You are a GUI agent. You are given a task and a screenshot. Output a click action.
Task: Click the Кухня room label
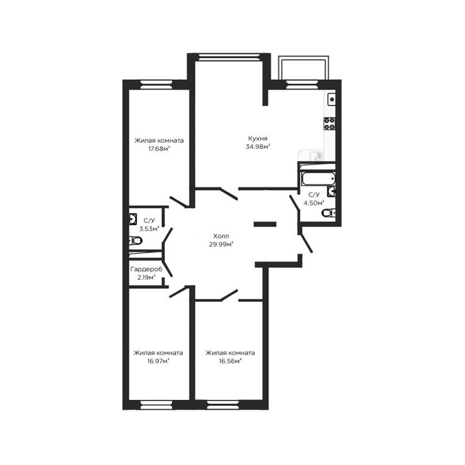click(x=258, y=138)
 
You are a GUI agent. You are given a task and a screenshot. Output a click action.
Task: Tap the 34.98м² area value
click(x=258, y=147)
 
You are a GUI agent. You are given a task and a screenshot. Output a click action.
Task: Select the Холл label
click(x=221, y=236)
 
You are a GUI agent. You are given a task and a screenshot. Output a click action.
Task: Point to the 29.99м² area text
click(x=221, y=244)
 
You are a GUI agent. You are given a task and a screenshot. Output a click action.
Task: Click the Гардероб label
click(x=147, y=269)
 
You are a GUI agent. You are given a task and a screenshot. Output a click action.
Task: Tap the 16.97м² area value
click(x=158, y=361)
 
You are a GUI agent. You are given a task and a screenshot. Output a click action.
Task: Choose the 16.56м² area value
click(x=230, y=361)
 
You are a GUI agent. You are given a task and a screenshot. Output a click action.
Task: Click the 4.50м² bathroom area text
click(x=314, y=203)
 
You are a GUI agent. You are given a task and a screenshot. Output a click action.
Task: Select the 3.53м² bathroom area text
click(x=149, y=229)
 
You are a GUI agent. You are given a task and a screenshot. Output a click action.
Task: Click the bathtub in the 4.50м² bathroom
click(x=318, y=179)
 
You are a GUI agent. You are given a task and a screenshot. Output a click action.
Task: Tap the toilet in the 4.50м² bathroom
click(x=329, y=213)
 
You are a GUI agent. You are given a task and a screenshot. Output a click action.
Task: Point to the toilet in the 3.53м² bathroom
click(x=136, y=240)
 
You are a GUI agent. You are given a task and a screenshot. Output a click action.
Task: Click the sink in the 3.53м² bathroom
click(x=133, y=219)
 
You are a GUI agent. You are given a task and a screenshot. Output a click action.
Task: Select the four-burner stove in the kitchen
click(x=329, y=124)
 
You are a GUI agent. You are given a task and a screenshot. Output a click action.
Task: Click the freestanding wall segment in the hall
click(x=265, y=225)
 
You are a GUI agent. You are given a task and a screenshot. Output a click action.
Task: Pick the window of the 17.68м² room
click(x=156, y=84)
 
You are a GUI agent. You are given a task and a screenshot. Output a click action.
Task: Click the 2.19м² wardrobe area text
click(x=146, y=278)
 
